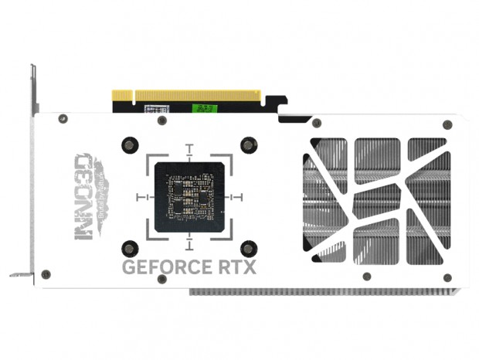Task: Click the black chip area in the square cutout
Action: (190, 197)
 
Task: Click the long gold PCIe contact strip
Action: (198, 95)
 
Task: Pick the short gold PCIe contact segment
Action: (123, 95)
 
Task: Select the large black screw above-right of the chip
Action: (248, 144)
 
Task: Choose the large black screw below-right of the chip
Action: (248, 249)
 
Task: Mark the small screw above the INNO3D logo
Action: (63, 119)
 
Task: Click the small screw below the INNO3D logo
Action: (46, 274)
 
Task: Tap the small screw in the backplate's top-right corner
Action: (447, 124)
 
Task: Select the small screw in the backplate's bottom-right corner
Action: (447, 276)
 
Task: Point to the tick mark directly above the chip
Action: (190, 147)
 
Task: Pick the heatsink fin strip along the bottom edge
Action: (324, 293)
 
